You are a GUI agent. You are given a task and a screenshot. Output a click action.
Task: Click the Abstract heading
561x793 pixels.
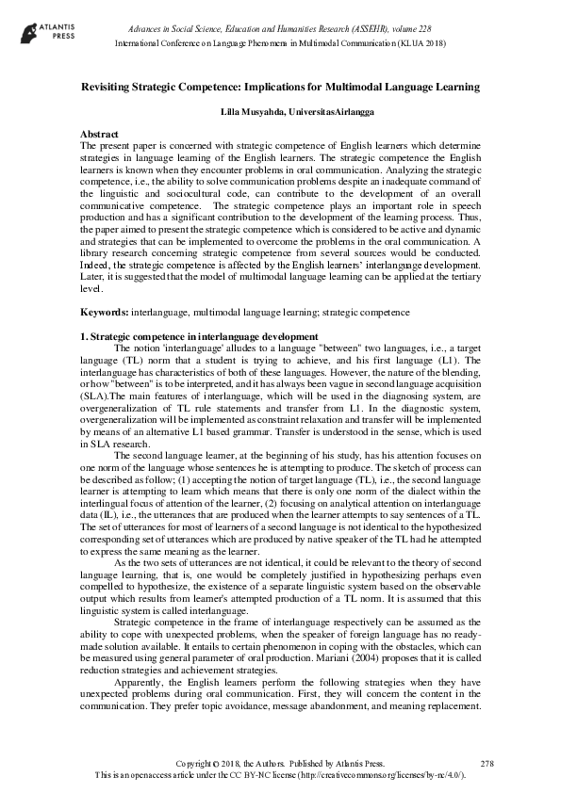pos(106,135)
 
